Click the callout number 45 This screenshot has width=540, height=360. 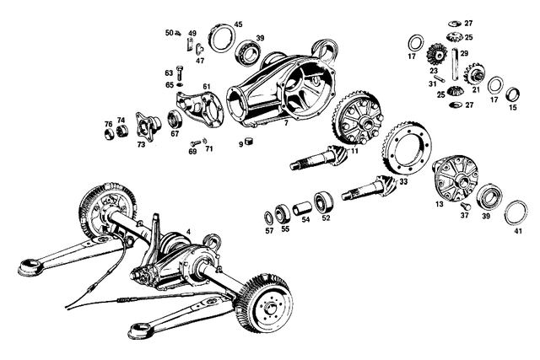tap(238, 24)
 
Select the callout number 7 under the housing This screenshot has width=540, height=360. tap(286, 124)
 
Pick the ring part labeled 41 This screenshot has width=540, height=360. tap(512, 213)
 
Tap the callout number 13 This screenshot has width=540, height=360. tap(438, 205)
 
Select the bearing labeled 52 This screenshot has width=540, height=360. tap(323, 202)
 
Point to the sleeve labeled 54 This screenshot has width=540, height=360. tap(300, 207)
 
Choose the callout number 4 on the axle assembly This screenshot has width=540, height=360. tap(189, 231)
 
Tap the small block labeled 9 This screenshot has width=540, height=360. tap(250, 140)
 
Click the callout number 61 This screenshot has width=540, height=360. tap(206, 87)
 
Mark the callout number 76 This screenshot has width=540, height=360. tap(108, 124)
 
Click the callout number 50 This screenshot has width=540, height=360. tap(169, 32)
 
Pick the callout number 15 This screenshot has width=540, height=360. tap(512, 107)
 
